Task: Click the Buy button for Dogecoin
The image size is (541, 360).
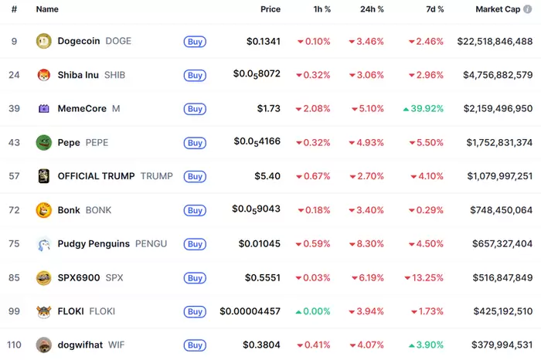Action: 195,42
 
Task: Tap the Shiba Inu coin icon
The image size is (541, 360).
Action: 43,75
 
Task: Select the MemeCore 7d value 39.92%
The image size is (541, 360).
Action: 427,109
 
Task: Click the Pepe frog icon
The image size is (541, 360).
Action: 43,142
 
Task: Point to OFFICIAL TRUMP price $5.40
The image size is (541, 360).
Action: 267,176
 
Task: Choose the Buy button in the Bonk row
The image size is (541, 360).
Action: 195,210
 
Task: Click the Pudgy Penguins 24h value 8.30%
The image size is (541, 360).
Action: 369,244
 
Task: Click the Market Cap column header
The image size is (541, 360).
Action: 497,9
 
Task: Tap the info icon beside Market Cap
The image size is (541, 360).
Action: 528,9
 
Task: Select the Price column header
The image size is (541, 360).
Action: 270,9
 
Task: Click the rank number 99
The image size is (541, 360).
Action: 14,311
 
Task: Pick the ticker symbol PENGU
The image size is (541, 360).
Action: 151,244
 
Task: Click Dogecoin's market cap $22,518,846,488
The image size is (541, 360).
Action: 495,42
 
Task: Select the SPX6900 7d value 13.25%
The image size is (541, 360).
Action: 427,277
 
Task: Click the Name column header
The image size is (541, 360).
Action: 47,9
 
